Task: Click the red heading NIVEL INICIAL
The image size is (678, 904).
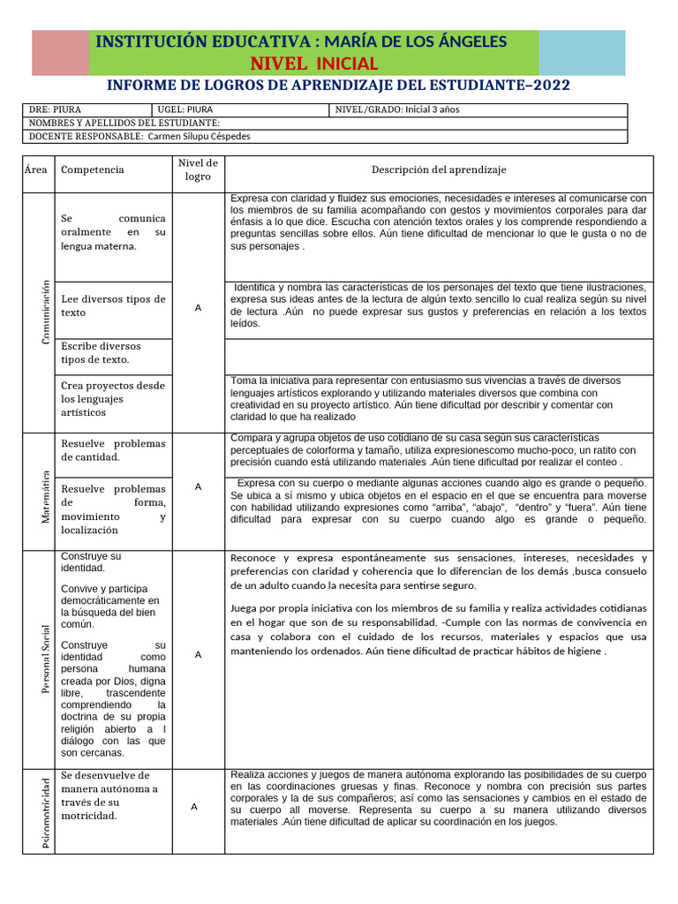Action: pyautogui.click(x=314, y=64)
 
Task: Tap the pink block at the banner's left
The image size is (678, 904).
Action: pyautogui.click(x=61, y=52)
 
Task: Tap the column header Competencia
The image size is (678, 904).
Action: pyautogui.click(x=93, y=169)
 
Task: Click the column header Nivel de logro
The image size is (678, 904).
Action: pyautogui.click(x=198, y=169)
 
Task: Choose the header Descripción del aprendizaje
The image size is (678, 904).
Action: pyautogui.click(x=439, y=169)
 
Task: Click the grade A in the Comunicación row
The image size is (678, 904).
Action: pyautogui.click(x=198, y=308)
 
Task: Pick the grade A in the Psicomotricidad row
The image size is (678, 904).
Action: pyautogui.click(x=194, y=807)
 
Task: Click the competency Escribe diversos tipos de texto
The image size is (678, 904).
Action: pyautogui.click(x=101, y=353)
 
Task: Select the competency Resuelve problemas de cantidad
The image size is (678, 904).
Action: pyautogui.click(x=113, y=450)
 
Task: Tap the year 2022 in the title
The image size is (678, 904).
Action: pyautogui.click(x=548, y=85)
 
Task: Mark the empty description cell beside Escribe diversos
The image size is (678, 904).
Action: pyautogui.click(x=439, y=356)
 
